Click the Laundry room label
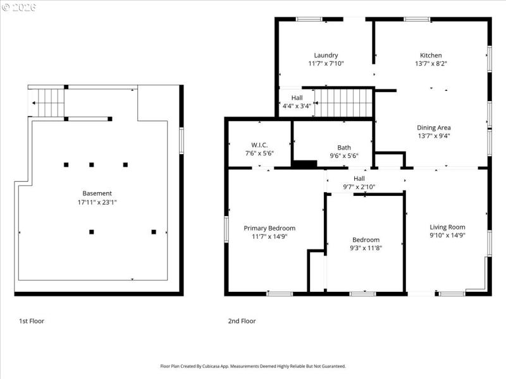[326, 56]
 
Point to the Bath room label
[344, 147]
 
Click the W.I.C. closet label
[259, 145]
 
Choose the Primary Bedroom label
[269, 228]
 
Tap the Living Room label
[447, 227]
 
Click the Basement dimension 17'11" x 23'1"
[97, 202]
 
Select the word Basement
[97, 193]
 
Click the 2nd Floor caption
[242, 321]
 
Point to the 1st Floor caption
[32, 321]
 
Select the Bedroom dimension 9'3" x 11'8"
[366, 248]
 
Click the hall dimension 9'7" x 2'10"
[359, 187]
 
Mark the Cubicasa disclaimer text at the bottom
[253, 366]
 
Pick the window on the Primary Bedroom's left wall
[226, 229]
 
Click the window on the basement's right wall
[181, 140]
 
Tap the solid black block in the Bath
[304, 164]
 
